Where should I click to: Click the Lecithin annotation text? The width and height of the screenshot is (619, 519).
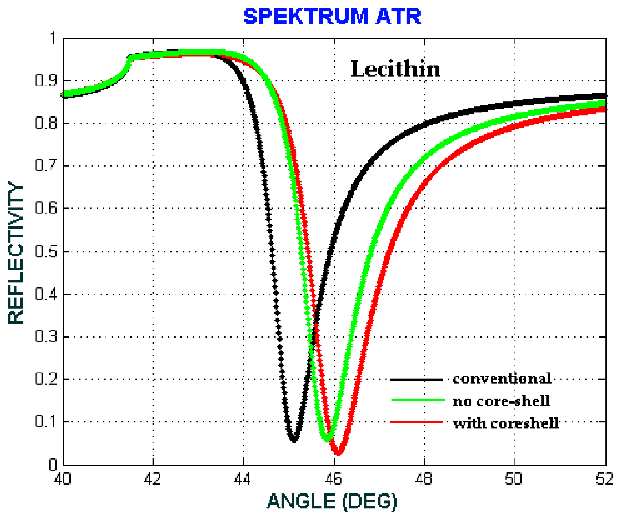(395, 69)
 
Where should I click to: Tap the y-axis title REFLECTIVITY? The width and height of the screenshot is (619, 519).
(15, 253)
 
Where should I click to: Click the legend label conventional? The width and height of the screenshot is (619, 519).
(502, 379)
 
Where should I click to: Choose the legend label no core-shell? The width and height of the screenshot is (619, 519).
(501, 401)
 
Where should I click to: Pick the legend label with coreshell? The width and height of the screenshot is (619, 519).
(506, 423)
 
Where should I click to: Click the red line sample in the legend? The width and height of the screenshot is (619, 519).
(417, 422)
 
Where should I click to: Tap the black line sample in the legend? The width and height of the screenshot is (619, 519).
(417, 380)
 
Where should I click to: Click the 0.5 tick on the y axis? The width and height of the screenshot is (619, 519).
(46, 252)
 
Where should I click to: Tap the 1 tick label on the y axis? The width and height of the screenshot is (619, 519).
(53, 39)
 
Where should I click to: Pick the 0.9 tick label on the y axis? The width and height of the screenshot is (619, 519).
(46, 81)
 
